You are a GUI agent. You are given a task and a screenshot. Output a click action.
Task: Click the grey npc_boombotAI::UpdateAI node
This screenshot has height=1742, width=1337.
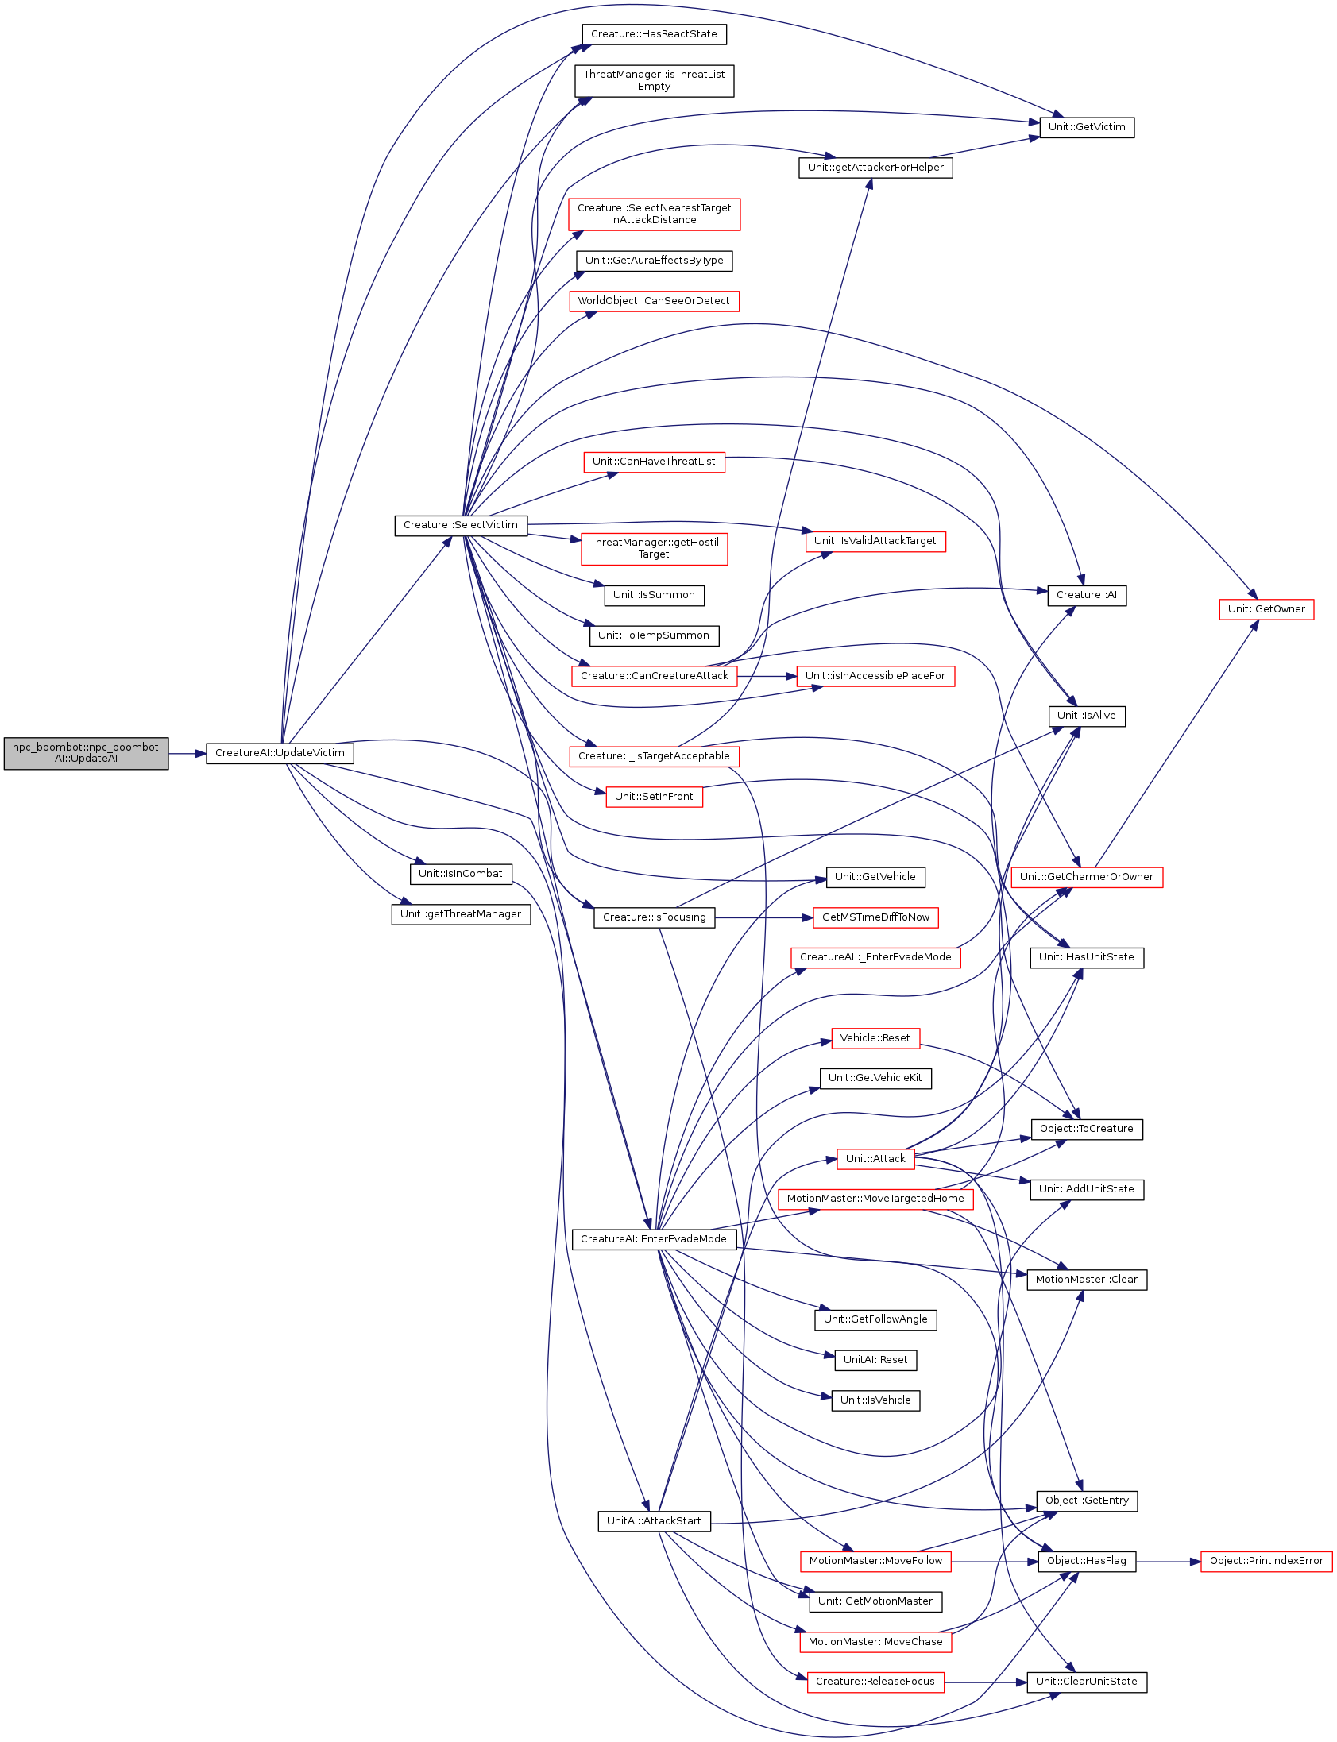pos(86,753)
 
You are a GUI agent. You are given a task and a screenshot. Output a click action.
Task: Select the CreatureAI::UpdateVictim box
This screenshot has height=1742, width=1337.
pos(280,753)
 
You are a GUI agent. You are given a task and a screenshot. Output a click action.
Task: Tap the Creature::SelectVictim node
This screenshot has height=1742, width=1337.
pos(461,525)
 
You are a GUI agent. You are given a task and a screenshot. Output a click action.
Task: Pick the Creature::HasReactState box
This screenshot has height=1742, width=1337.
pos(654,34)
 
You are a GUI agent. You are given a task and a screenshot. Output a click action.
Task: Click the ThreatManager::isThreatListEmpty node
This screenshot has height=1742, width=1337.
pos(654,80)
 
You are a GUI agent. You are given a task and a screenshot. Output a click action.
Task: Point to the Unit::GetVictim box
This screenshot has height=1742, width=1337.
pos(1086,127)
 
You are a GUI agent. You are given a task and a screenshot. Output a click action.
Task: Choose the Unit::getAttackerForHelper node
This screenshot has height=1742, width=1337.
pos(875,168)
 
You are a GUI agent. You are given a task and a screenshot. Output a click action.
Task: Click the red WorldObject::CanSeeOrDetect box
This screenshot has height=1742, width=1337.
pos(654,301)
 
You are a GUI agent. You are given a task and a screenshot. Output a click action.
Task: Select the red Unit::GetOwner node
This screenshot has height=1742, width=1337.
pos(1266,608)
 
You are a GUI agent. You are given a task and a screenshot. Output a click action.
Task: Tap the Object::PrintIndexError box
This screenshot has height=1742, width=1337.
pos(1266,1561)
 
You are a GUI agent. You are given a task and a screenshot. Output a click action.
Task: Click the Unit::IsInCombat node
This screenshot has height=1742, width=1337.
pos(461,874)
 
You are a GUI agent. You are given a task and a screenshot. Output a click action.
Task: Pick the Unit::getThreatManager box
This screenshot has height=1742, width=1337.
pos(461,914)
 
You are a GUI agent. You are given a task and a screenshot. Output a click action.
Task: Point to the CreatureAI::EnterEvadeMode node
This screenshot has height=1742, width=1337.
pos(654,1239)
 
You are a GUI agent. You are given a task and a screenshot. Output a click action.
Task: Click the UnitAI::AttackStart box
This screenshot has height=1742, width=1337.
pos(654,1520)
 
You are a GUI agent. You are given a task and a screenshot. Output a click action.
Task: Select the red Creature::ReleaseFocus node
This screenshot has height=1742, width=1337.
pos(875,1682)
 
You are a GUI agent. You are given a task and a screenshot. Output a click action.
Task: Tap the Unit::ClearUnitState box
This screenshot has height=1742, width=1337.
pos(1086,1682)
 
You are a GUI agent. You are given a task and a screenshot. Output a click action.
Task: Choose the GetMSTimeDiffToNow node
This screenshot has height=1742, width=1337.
pos(875,917)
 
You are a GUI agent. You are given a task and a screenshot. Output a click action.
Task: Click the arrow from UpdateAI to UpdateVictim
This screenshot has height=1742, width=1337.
pos(187,753)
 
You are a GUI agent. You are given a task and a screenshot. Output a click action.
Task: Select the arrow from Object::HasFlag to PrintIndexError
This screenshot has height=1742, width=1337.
pos(1169,1562)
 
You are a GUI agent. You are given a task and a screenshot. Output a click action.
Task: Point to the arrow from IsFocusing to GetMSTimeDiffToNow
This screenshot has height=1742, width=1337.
pos(764,917)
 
